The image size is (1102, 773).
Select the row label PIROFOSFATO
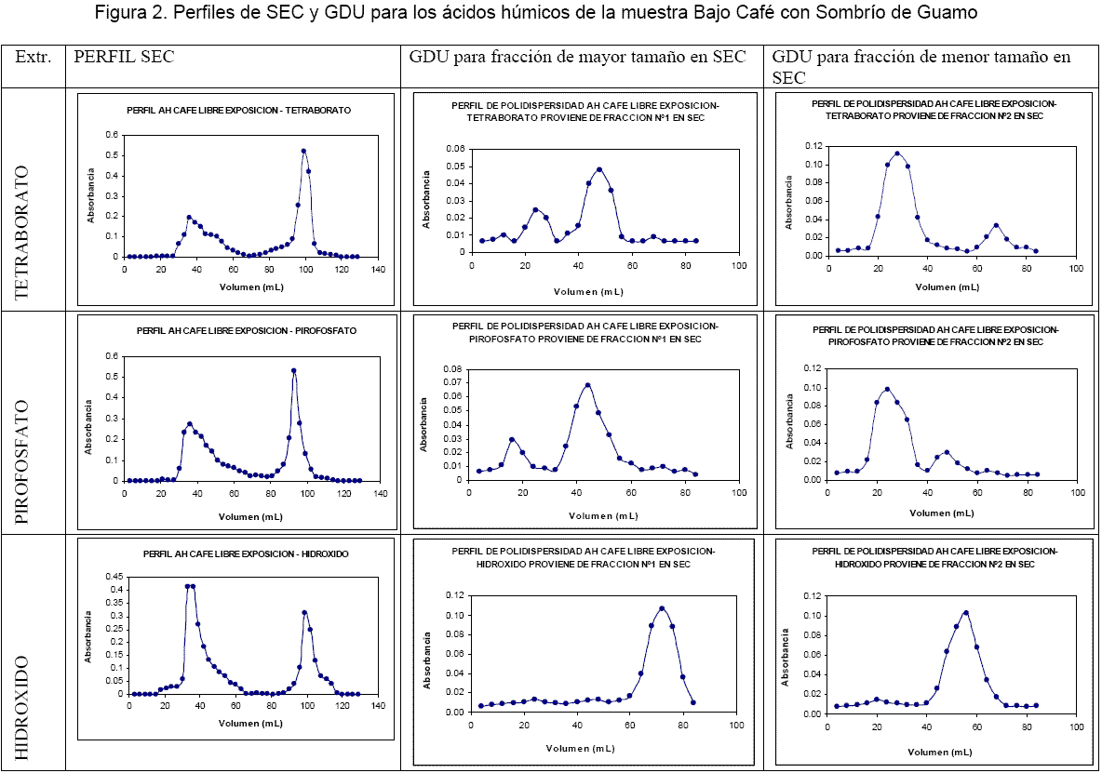[x=23, y=462]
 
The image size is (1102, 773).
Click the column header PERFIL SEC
[x=125, y=57]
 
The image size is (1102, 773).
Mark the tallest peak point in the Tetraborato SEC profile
[x=303, y=151]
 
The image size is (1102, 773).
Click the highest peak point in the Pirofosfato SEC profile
[x=293, y=371]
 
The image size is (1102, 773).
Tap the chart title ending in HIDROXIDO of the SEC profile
[x=246, y=553]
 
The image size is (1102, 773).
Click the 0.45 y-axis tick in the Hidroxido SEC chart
[x=114, y=576]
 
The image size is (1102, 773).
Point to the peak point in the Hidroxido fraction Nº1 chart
[x=662, y=608]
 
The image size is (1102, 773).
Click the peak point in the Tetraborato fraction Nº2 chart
[x=897, y=153]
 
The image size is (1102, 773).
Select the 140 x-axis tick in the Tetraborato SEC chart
[x=377, y=270]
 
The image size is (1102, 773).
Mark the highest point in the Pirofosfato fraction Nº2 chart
[x=887, y=390]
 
